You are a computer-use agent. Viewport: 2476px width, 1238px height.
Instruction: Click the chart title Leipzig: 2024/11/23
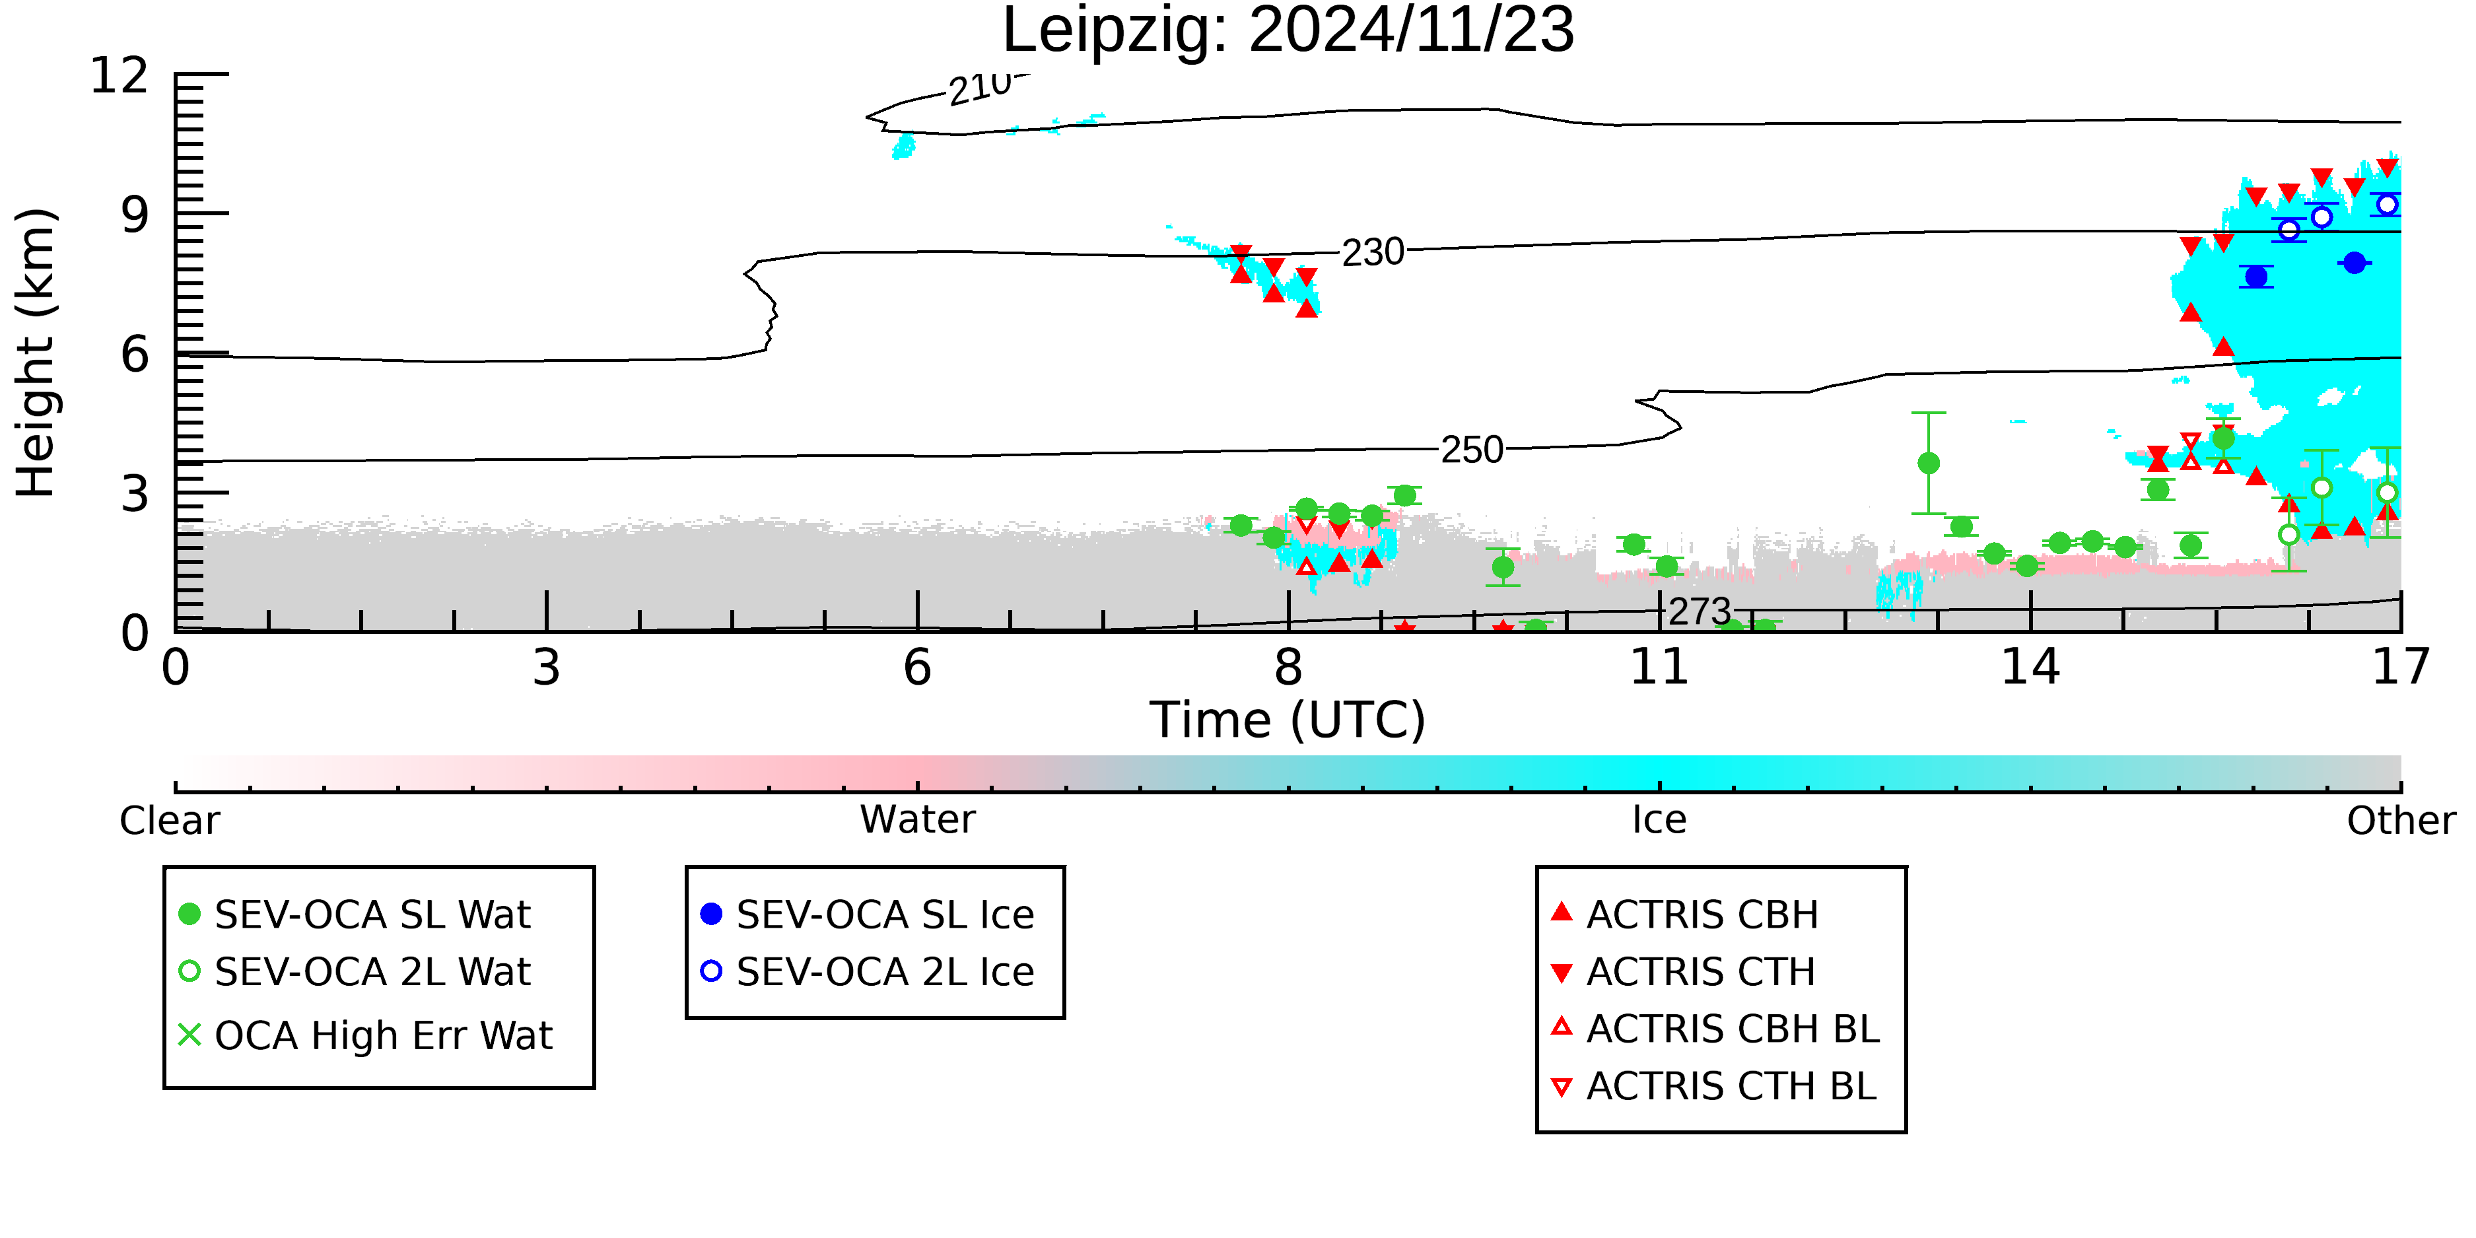pos(1288,31)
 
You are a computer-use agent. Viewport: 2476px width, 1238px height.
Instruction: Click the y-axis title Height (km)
pos(36,353)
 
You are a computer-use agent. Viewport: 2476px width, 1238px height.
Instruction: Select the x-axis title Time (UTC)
pos(1288,720)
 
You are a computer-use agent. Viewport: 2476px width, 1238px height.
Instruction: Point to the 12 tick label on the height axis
pos(120,75)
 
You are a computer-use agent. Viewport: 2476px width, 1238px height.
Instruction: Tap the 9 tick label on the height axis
pos(135,215)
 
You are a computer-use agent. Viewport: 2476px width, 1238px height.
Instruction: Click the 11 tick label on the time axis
pos(1659,667)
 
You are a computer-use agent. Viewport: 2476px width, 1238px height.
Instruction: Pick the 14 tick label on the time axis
pos(2030,667)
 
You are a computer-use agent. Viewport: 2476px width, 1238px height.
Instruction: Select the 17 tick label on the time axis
pos(2401,667)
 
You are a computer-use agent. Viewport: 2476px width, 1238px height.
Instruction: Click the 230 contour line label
pos(1373,253)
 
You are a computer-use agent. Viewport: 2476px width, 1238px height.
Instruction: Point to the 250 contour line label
pos(1472,450)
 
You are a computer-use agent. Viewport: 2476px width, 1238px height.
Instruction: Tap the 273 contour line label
pos(1700,611)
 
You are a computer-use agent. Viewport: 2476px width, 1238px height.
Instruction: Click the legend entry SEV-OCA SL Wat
pos(356,914)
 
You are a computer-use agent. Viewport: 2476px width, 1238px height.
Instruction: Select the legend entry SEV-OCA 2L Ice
pos(868,972)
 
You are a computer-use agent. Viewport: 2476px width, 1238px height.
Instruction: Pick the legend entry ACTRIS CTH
pos(1683,972)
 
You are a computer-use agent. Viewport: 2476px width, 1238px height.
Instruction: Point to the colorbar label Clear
pos(169,821)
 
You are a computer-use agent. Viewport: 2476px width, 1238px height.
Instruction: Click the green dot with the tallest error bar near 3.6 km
pos(1928,464)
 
